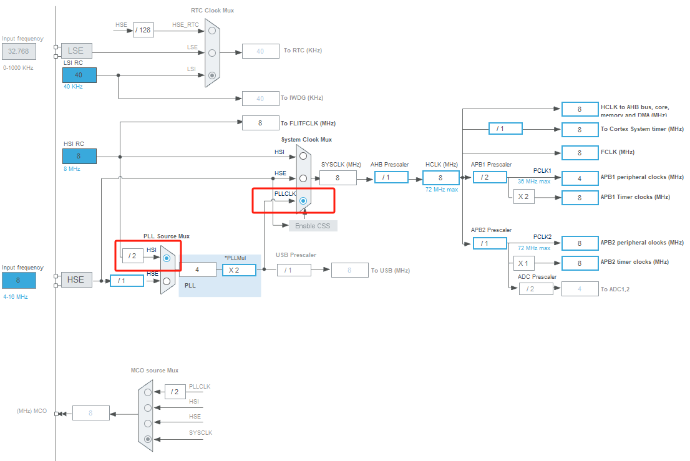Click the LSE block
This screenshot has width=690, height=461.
[76, 51]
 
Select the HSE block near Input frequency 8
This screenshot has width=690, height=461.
[76, 280]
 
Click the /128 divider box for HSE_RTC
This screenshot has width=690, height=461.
[143, 30]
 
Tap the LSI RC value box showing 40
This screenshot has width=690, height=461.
[79, 75]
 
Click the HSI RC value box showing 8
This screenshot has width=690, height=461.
[79, 156]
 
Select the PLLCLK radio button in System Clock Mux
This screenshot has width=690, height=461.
[303, 201]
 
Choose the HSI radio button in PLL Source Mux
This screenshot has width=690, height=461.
[166, 258]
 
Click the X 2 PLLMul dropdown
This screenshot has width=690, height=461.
[240, 269]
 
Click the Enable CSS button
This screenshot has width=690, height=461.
[313, 225]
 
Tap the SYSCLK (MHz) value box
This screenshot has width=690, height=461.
[338, 178]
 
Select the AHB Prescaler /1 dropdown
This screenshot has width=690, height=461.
[391, 178]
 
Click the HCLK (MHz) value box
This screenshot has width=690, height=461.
[440, 178]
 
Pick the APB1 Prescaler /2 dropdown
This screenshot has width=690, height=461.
[490, 177]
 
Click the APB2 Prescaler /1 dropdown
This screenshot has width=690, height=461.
[490, 243]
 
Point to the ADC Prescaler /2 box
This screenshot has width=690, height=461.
[536, 289]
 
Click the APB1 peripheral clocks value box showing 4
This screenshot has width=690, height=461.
[580, 178]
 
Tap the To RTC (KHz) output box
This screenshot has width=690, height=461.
[260, 51]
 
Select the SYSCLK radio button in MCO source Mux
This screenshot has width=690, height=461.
[147, 439]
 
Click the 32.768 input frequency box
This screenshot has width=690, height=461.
[19, 51]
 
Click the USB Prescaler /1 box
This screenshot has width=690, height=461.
[293, 270]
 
